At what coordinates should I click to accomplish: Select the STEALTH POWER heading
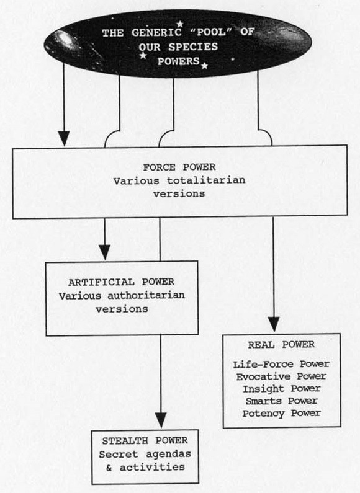coord(145,442)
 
